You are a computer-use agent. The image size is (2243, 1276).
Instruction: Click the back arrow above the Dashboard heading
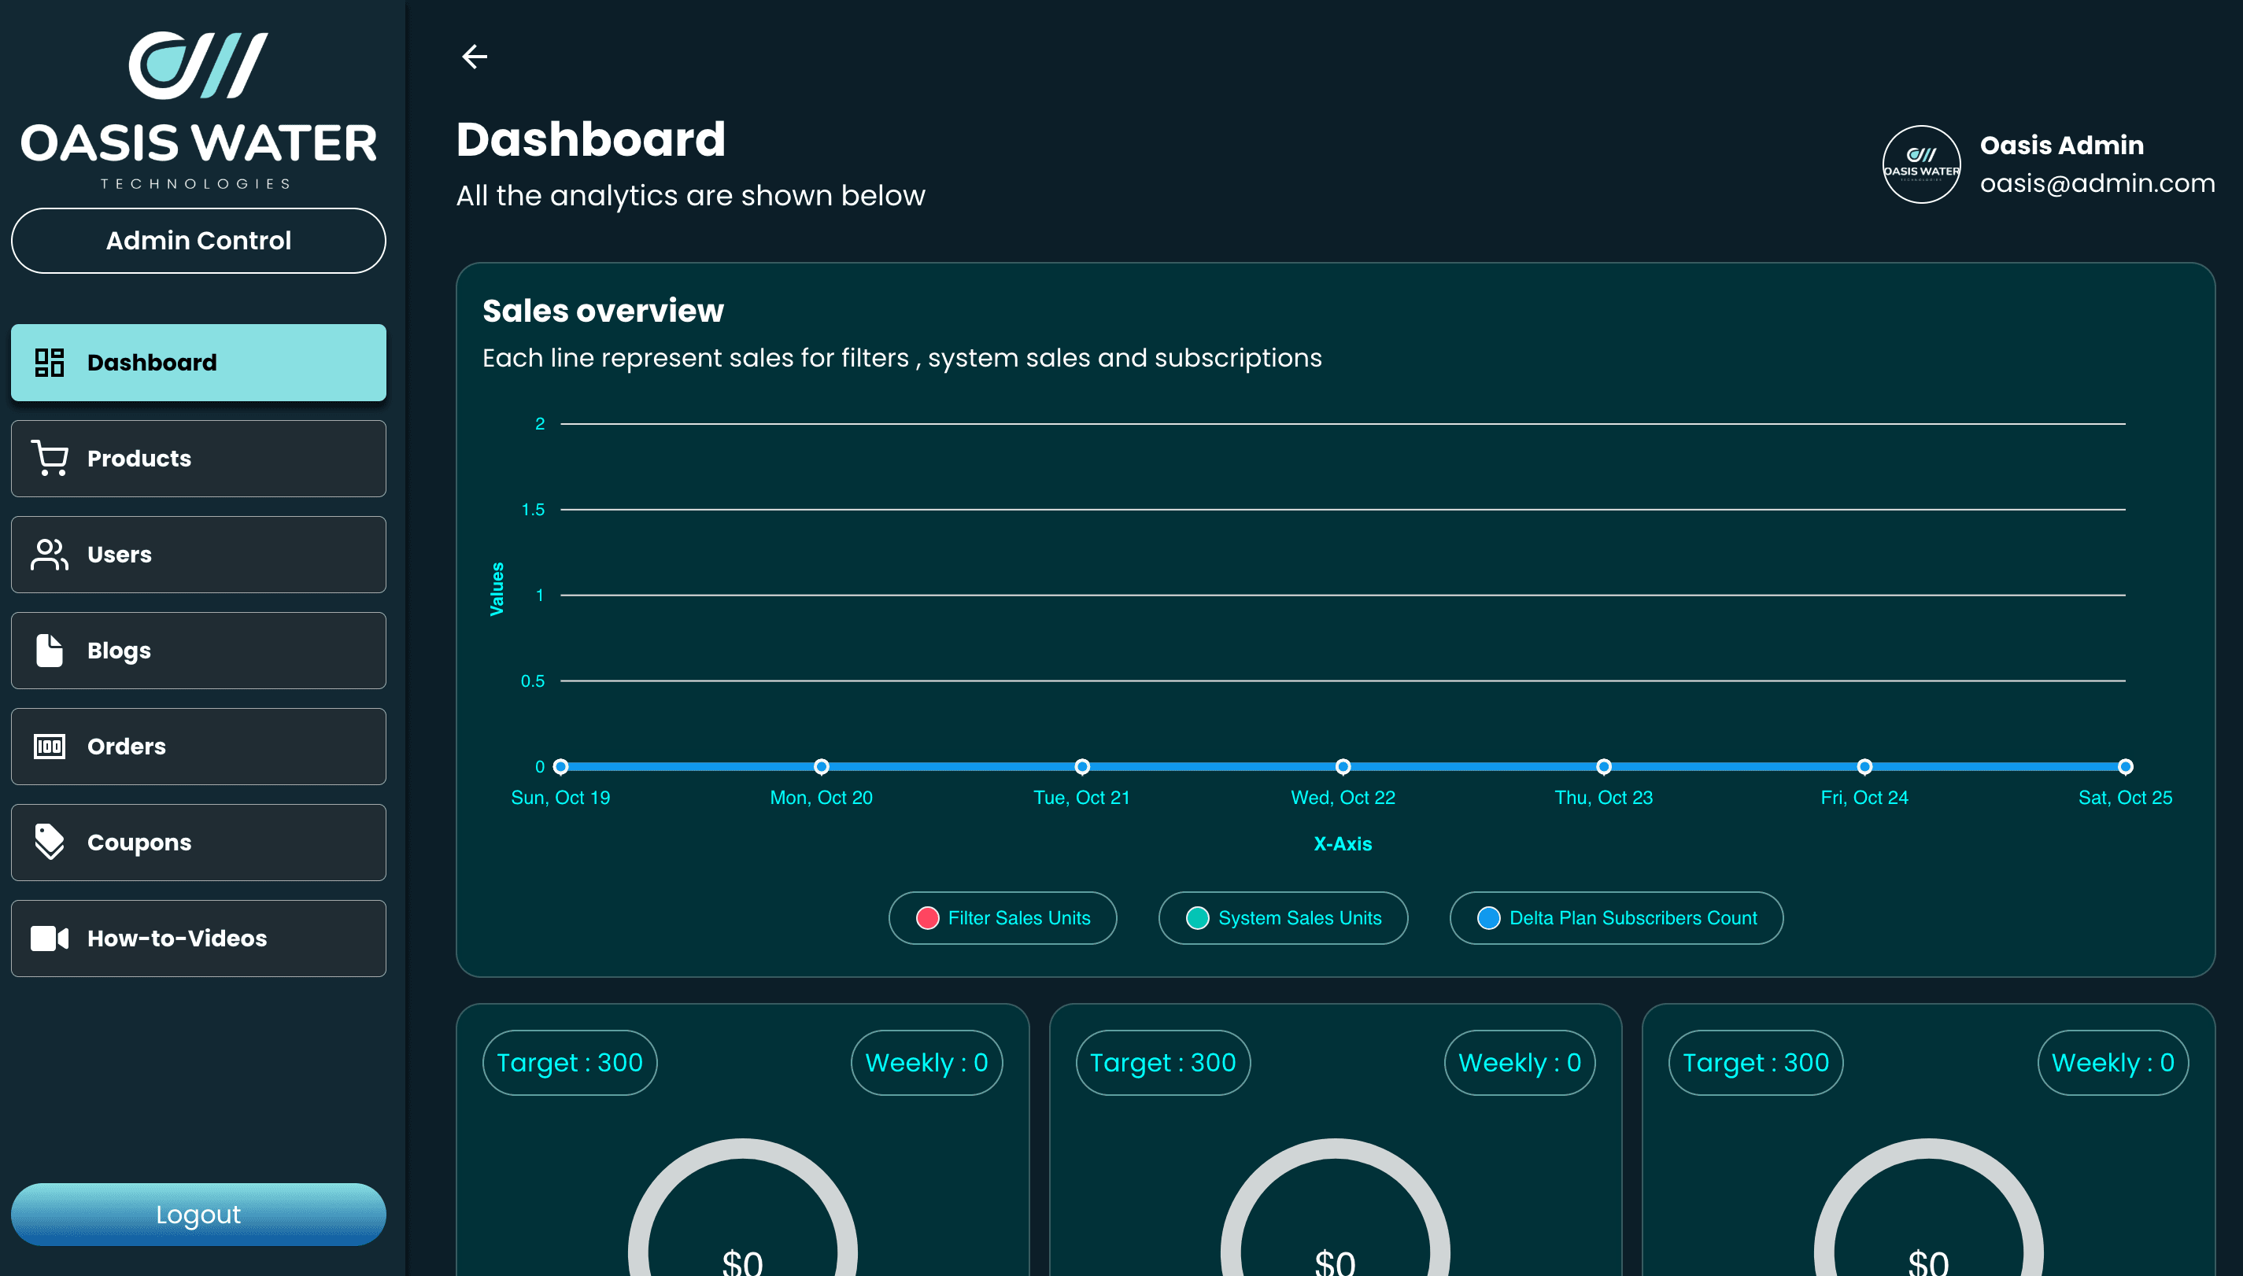pos(475,57)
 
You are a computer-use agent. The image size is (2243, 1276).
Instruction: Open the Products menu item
pos(198,459)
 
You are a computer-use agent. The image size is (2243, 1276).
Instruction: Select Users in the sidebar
pos(198,555)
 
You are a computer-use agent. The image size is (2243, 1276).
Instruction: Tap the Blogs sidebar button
pos(198,651)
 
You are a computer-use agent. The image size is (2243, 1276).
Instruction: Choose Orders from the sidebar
pos(198,747)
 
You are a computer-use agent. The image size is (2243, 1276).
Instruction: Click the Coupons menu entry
pos(198,843)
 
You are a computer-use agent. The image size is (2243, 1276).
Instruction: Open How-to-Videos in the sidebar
pos(198,939)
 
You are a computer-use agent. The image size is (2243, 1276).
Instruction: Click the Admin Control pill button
pos(198,241)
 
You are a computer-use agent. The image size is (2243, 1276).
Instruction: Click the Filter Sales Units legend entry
pos(1003,917)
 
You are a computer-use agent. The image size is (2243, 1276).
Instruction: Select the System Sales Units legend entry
pos(1283,917)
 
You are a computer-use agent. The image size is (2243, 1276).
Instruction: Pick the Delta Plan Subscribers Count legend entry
pos(1617,917)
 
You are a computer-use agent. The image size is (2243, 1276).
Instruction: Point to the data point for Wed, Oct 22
pos(1343,767)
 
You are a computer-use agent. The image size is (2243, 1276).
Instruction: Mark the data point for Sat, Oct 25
pos(2126,767)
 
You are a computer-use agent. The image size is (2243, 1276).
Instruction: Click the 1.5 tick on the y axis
pos(533,510)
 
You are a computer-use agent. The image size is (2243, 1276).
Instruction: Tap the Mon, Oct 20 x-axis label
pos(822,798)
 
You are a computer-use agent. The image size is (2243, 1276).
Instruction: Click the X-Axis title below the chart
pos(1343,844)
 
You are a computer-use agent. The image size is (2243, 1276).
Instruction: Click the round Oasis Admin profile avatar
pos(1921,164)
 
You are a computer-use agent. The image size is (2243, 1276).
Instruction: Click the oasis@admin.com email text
pos(2097,183)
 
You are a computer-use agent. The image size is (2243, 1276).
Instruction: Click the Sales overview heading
pos(603,311)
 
